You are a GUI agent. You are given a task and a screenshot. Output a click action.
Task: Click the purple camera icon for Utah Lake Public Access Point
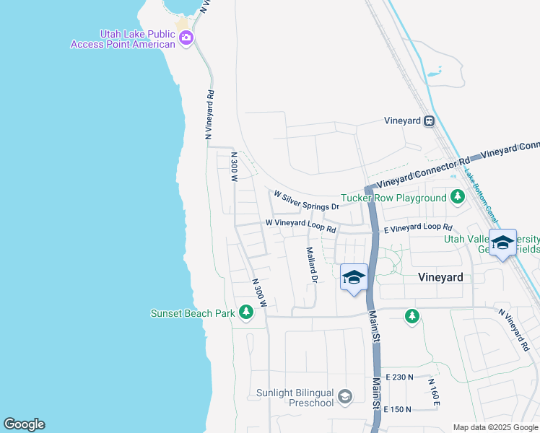tap(186, 39)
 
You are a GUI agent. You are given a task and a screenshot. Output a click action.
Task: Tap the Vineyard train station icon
tap(429, 121)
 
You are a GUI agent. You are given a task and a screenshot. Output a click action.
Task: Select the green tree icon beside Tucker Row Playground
tap(457, 196)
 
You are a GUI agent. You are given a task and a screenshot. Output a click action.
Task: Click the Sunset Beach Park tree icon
tap(247, 312)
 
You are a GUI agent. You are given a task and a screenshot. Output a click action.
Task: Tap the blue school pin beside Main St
tap(353, 278)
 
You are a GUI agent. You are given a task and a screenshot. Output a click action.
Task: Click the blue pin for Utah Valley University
tap(502, 243)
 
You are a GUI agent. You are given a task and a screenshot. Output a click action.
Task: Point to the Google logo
tap(24, 424)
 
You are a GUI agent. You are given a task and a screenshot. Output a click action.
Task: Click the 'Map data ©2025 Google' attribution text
tap(496, 427)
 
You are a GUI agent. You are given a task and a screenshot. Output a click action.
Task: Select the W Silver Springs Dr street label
tap(306, 195)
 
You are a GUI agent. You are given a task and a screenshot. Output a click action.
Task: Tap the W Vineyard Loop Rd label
tap(300, 226)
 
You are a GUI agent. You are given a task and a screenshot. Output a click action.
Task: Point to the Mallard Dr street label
tap(312, 264)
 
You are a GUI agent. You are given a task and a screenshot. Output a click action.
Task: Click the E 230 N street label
tap(399, 377)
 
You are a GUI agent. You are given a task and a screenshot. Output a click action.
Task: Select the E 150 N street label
tap(397, 409)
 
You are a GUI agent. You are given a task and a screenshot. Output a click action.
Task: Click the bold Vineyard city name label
tap(440, 277)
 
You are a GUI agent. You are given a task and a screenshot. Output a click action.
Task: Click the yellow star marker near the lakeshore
tap(182, 24)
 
